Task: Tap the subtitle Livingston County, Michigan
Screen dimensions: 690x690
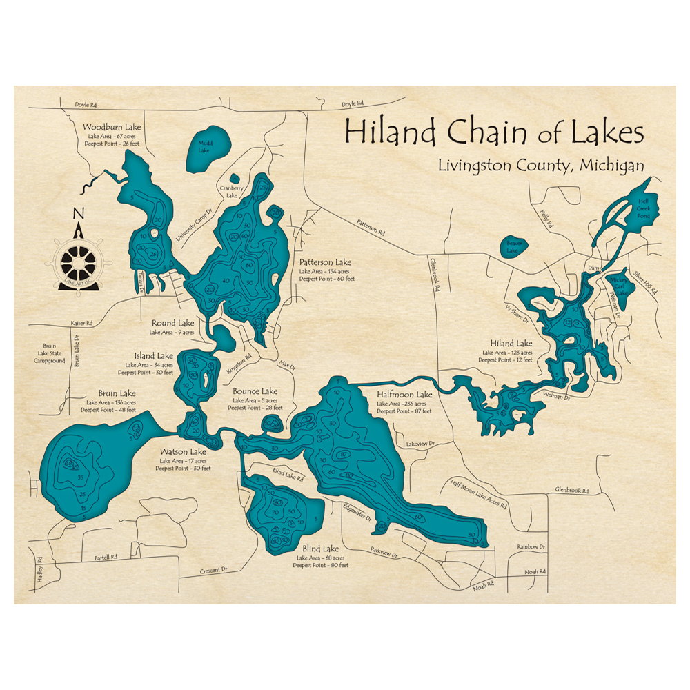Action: (540, 166)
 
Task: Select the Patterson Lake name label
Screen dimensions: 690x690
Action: (325, 263)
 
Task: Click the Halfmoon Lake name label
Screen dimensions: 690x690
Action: (404, 395)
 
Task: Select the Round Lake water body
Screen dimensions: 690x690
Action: (224, 338)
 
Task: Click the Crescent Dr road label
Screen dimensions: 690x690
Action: (214, 571)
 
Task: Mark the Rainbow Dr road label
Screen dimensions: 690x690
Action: (531, 546)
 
